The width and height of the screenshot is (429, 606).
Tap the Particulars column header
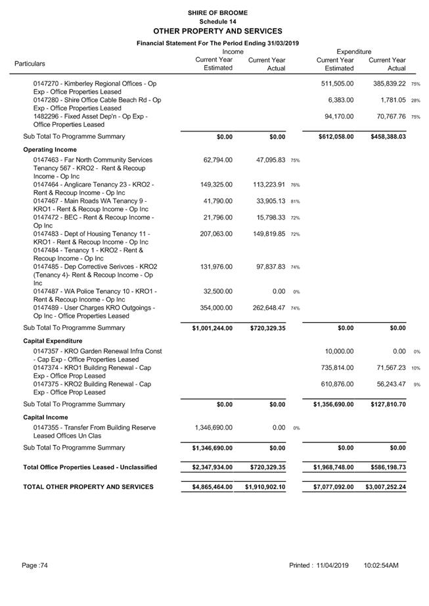click(30, 64)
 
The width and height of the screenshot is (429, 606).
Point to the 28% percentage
click(415, 101)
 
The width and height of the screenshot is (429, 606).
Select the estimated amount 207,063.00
click(216, 233)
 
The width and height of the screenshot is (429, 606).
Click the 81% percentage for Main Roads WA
click(295, 202)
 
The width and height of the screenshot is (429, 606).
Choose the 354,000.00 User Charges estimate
click(216, 308)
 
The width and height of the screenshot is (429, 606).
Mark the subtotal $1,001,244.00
click(212, 327)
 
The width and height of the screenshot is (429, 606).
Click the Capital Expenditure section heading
click(53, 341)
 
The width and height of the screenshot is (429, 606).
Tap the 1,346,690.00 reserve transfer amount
click(213, 427)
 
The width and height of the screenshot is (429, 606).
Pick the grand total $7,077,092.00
click(333, 487)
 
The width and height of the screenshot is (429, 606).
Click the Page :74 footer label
click(34, 565)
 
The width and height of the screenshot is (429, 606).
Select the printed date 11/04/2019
click(332, 565)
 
